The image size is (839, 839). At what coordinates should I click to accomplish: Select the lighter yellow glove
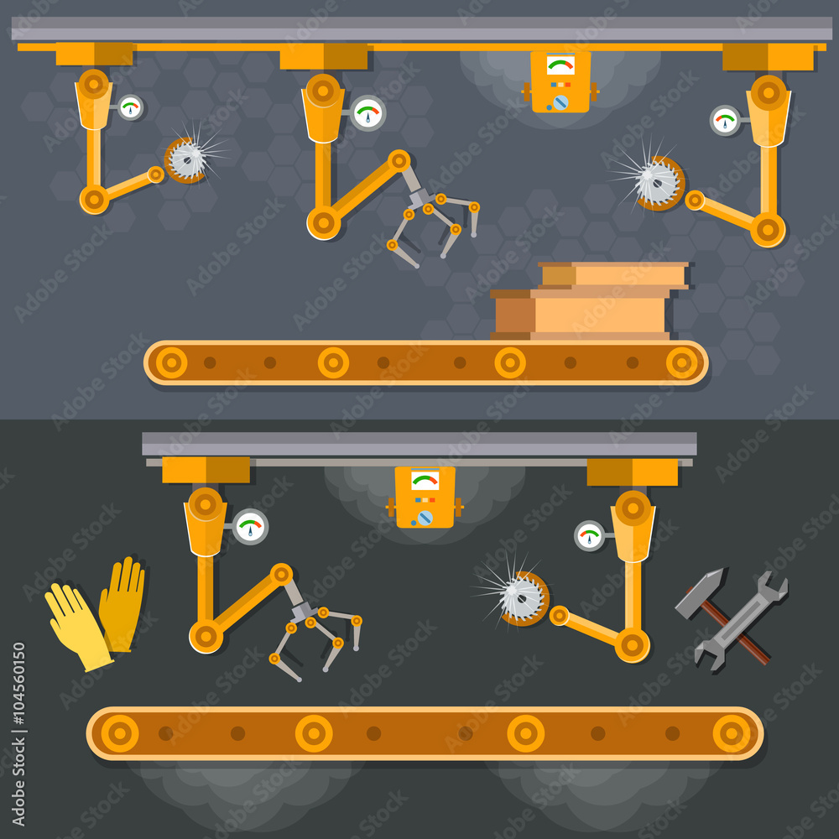(76, 625)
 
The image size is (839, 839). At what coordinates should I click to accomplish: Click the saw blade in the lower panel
(521, 597)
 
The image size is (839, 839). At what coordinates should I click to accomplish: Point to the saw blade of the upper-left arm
(186, 159)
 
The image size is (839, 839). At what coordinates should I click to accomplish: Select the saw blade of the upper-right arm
(659, 182)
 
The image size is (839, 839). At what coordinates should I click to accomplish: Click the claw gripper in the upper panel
(432, 218)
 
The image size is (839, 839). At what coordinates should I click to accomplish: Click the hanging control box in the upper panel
(560, 82)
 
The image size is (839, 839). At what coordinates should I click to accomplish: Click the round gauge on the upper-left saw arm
(130, 107)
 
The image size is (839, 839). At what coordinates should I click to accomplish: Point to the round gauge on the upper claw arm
(367, 113)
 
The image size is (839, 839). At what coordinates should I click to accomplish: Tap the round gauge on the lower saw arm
(590, 535)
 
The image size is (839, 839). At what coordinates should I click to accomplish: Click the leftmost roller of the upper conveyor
(171, 362)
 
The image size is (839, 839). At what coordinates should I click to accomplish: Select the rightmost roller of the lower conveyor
(732, 733)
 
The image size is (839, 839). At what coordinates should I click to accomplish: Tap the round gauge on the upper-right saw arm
(725, 120)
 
